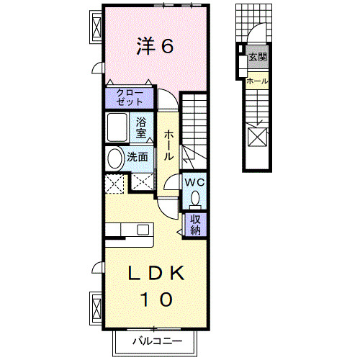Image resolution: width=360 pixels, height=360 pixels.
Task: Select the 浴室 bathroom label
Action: (x=142, y=127)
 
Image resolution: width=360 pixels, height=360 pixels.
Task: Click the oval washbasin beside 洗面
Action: (x=114, y=158)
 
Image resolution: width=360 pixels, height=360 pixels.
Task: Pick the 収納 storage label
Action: (x=195, y=225)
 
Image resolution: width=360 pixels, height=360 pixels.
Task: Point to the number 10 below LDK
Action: (x=157, y=297)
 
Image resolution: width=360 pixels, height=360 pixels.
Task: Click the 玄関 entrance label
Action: (x=256, y=57)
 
